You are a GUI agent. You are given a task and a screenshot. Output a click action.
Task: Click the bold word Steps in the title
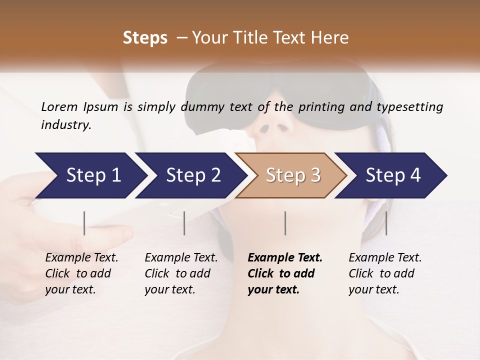(145, 38)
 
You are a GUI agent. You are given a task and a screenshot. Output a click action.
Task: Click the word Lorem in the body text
(59, 106)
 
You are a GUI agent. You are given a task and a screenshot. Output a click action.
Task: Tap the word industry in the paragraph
(65, 125)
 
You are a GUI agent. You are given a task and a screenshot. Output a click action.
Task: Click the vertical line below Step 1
(84, 223)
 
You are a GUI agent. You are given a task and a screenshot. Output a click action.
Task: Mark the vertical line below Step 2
(184, 223)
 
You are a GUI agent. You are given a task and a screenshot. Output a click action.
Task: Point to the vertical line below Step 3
(285, 223)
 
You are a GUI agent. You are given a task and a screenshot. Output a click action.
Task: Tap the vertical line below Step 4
(386, 223)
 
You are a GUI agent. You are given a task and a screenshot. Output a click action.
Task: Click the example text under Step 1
(81, 273)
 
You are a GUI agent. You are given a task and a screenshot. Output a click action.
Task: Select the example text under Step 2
(181, 273)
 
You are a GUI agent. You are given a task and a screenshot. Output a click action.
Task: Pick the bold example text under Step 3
(285, 273)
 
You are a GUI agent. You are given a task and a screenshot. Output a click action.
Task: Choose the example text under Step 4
(385, 273)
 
